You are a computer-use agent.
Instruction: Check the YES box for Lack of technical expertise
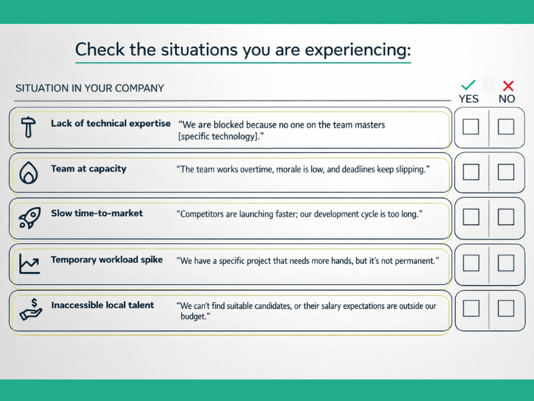[x=471, y=126]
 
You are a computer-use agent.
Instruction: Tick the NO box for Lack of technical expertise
[x=506, y=126]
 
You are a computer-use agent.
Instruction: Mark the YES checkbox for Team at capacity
[x=471, y=172]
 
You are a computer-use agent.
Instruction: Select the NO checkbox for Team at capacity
[x=506, y=172]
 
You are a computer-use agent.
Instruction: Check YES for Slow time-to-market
[x=471, y=217]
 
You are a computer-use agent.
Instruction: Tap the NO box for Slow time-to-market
[x=506, y=217]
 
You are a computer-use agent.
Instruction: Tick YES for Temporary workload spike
[x=471, y=263]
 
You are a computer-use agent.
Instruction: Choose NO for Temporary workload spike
[x=506, y=263]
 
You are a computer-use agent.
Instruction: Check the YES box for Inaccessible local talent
[x=471, y=308]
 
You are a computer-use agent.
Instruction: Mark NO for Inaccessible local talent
[x=506, y=308]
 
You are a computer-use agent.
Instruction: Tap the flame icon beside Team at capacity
[x=28, y=173]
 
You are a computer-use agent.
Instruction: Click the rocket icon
[x=28, y=219]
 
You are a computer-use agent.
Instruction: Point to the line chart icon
[x=28, y=264]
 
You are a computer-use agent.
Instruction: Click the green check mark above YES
[x=469, y=85]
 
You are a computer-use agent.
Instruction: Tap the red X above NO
[x=508, y=86]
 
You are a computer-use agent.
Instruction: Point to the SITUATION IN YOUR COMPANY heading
[x=89, y=88]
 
